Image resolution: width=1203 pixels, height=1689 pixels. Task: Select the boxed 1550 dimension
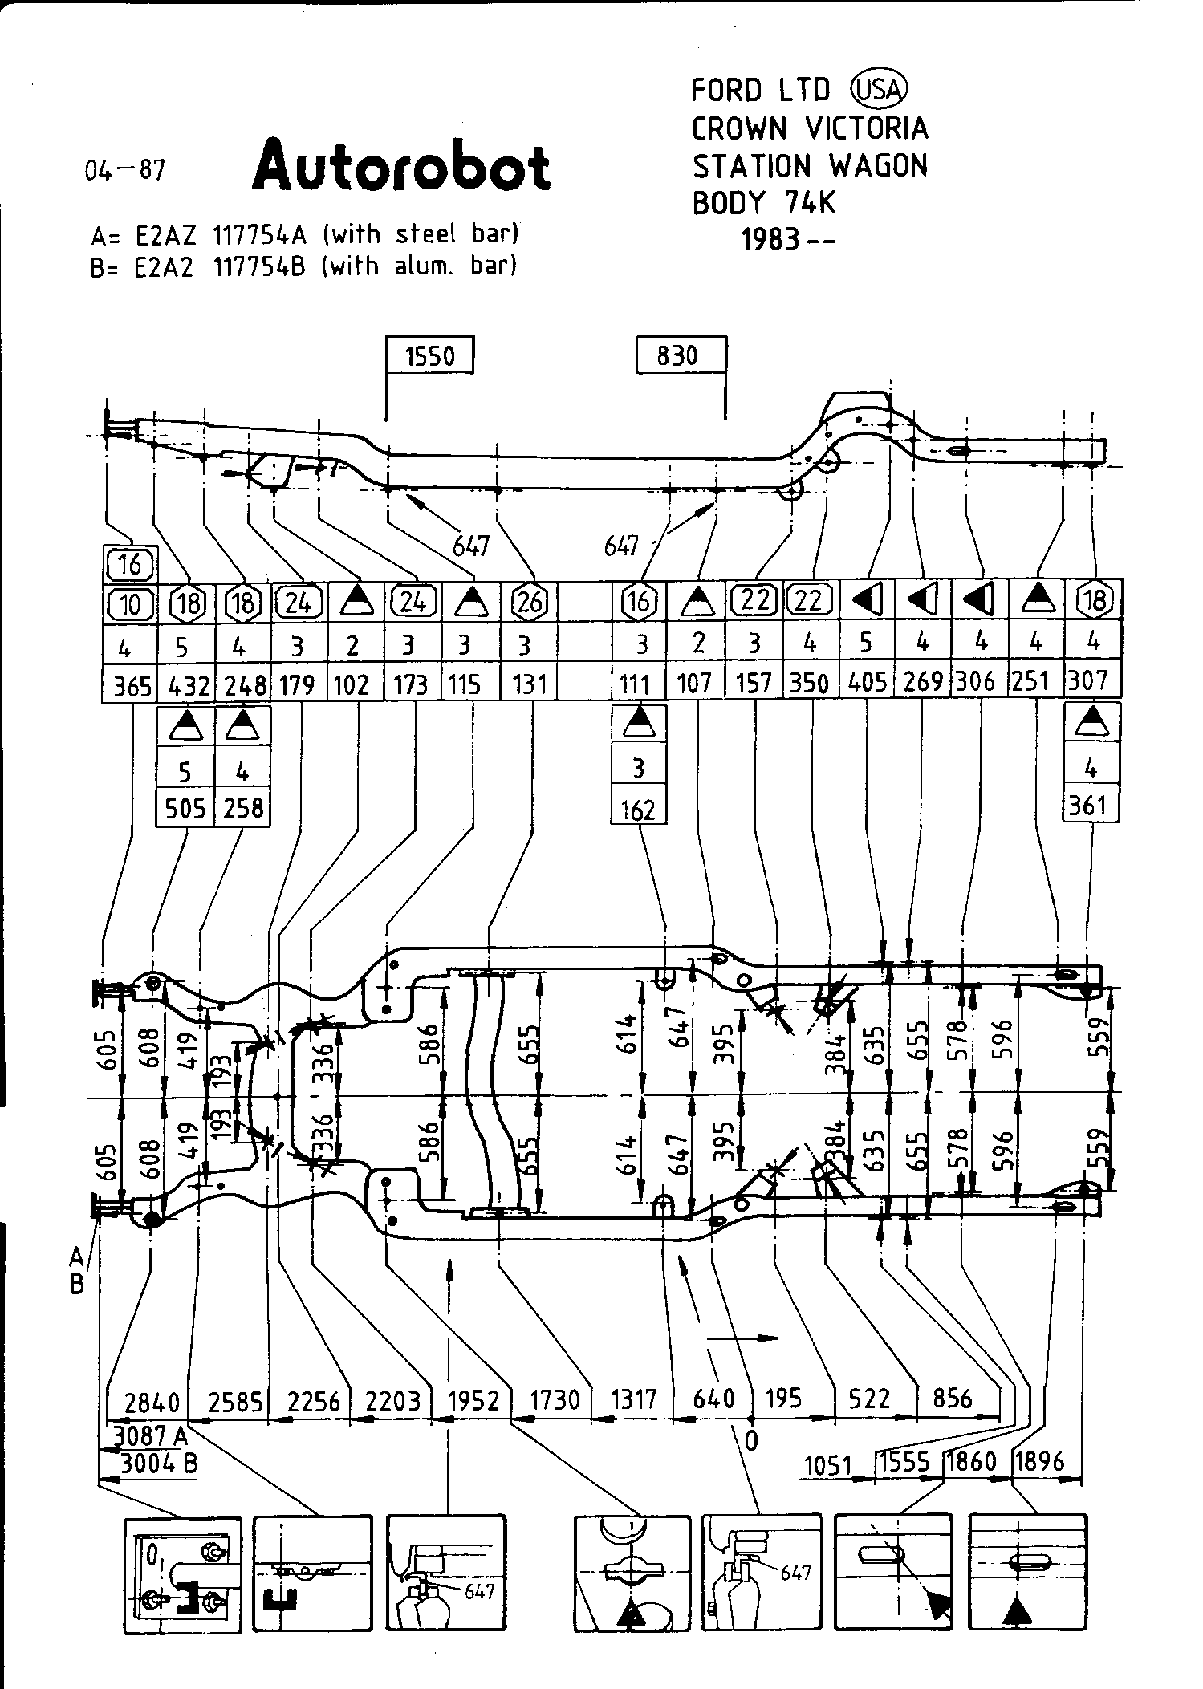tap(430, 355)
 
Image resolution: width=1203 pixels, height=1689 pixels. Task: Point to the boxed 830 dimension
tap(679, 355)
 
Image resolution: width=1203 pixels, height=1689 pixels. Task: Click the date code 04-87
tap(125, 170)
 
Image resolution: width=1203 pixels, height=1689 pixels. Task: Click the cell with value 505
tap(185, 808)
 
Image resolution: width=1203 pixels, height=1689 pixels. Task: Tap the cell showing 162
tap(639, 810)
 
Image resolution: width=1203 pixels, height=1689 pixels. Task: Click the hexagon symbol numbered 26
tap(529, 601)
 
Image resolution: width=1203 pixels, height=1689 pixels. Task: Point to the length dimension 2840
tap(152, 1401)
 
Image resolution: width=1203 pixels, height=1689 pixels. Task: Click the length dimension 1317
tap(634, 1399)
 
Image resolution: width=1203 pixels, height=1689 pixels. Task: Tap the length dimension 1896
tap(1039, 1461)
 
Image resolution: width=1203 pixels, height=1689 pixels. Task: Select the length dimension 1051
tap(827, 1466)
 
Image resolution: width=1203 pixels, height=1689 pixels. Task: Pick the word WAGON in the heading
tap(878, 166)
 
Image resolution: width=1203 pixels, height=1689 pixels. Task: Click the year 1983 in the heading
tap(771, 239)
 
